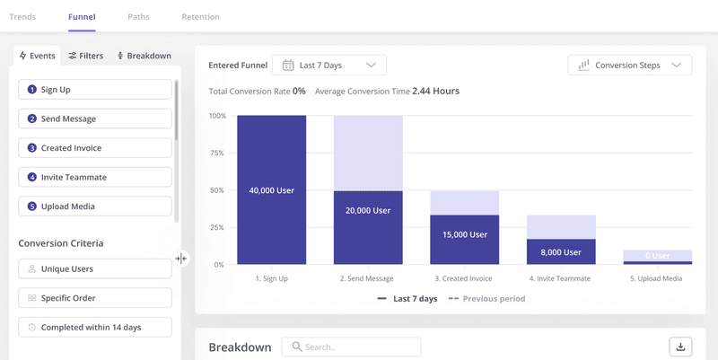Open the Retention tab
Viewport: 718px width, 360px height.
(200, 17)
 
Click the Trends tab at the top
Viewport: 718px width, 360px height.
(22, 17)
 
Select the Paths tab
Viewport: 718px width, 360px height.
(138, 17)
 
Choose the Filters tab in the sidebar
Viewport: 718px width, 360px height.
(85, 56)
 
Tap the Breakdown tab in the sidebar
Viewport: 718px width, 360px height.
(144, 56)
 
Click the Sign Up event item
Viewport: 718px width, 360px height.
(94, 90)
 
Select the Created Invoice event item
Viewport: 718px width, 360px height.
(94, 148)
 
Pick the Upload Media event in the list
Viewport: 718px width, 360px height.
(94, 206)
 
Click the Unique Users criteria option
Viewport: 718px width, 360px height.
(94, 268)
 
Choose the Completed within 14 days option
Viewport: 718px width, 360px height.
(94, 327)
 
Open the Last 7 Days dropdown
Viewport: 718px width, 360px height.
(329, 65)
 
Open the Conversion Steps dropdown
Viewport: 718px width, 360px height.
(630, 65)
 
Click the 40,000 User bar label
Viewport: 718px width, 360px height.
(271, 190)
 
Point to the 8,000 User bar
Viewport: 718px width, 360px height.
(561, 252)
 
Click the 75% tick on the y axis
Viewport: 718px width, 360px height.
(217, 154)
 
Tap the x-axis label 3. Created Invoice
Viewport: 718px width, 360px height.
(465, 278)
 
